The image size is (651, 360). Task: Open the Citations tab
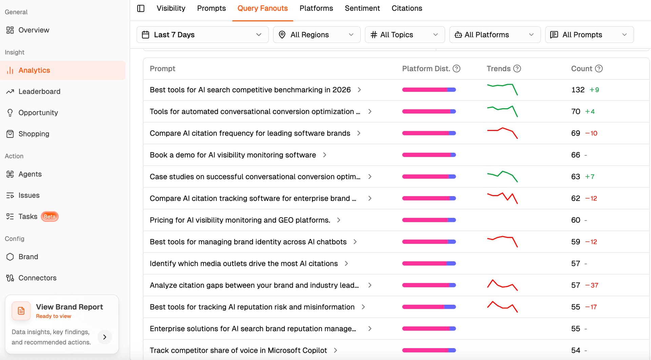tap(407, 8)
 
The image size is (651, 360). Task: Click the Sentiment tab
tap(362, 8)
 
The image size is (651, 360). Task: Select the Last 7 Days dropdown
tap(202, 35)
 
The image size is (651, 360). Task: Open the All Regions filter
tap(317, 35)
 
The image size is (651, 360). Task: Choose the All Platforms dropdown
tap(495, 35)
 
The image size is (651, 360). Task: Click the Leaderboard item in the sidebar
tap(39, 92)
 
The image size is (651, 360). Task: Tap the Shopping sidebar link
tap(34, 134)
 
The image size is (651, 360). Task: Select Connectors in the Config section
tap(37, 278)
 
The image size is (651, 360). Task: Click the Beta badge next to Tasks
tap(50, 216)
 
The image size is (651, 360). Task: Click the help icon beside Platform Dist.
tap(457, 69)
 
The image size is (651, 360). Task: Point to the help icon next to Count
tap(599, 69)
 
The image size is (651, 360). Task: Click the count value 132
tap(578, 90)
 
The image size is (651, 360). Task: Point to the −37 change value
tap(592, 285)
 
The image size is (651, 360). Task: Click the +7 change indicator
tap(590, 177)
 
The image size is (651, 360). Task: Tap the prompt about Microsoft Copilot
tap(238, 350)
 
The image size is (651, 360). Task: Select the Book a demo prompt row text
tap(233, 155)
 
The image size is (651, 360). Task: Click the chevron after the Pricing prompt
tap(339, 220)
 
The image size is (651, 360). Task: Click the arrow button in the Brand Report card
tap(105, 337)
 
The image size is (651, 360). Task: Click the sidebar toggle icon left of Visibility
tap(141, 8)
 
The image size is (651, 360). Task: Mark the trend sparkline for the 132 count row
tap(502, 89)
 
